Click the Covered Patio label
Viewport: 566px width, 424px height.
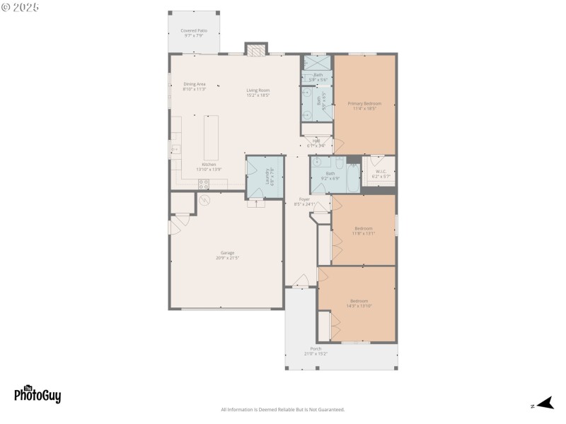click(194, 30)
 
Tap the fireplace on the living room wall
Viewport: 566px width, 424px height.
click(257, 49)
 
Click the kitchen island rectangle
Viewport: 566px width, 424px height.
click(212, 138)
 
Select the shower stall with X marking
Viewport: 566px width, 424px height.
click(318, 61)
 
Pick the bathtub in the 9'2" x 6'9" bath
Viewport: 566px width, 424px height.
click(352, 174)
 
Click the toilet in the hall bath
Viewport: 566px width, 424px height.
click(339, 163)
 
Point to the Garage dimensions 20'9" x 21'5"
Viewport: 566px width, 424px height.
click(228, 258)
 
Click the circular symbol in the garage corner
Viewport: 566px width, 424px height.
click(205, 200)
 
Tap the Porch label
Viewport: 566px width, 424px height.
click(316, 348)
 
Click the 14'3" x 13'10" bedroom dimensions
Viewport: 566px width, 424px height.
click(359, 306)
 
